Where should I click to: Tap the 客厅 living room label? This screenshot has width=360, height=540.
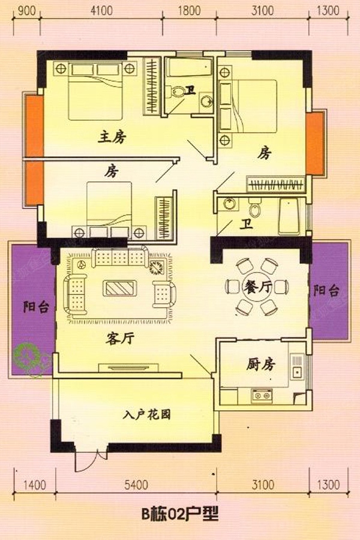(119, 339)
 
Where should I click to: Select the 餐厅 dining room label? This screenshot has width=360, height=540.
(257, 287)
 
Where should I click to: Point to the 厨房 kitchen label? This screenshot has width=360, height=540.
(261, 364)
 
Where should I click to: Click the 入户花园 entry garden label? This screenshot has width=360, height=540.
(147, 414)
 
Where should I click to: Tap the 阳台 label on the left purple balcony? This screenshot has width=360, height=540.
(36, 306)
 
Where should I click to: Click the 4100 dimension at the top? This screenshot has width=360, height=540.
(101, 10)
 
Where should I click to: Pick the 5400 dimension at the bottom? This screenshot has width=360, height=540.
(136, 485)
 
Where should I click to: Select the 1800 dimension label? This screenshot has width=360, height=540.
(190, 10)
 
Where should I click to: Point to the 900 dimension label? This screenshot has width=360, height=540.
(26, 10)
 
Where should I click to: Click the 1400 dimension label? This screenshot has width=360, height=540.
(34, 485)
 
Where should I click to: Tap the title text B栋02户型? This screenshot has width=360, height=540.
(180, 515)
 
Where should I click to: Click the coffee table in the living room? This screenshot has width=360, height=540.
(119, 288)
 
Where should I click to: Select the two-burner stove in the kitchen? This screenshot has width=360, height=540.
(262, 395)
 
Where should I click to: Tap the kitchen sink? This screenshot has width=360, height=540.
(296, 367)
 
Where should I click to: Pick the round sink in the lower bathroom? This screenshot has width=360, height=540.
(229, 203)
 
